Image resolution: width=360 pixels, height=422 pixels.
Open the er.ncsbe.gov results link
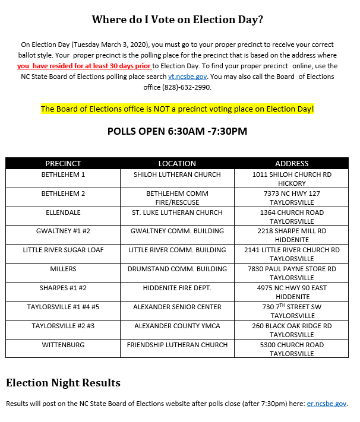(326, 404)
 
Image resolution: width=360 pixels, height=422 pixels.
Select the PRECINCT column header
(63, 163)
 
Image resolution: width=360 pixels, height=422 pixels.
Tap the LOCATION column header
(177, 163)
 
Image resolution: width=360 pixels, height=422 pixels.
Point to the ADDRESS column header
(292, 163)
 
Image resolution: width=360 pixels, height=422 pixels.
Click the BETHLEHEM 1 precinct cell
(63, 174)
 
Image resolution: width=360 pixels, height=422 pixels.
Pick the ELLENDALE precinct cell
(63, 212)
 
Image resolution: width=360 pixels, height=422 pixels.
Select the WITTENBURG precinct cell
(63, 345)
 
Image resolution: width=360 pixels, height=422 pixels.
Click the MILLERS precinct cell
(63, 269)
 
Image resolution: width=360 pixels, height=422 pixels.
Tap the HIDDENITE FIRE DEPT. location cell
(177, 288)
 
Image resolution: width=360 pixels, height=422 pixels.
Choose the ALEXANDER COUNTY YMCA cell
(177, 326)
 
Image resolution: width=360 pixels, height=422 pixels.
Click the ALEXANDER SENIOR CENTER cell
(177, 307)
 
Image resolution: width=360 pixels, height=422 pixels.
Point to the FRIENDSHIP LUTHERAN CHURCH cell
(177, 345)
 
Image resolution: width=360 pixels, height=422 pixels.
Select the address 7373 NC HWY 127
(292, 193)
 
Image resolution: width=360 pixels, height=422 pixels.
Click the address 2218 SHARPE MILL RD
(292, 231)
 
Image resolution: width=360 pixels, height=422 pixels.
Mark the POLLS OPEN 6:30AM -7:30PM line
(177, 131)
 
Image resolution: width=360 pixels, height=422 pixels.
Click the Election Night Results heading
(64, 382)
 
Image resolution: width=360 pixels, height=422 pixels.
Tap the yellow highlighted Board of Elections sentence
(177, 109)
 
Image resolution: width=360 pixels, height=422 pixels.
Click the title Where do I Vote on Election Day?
(177, 20)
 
